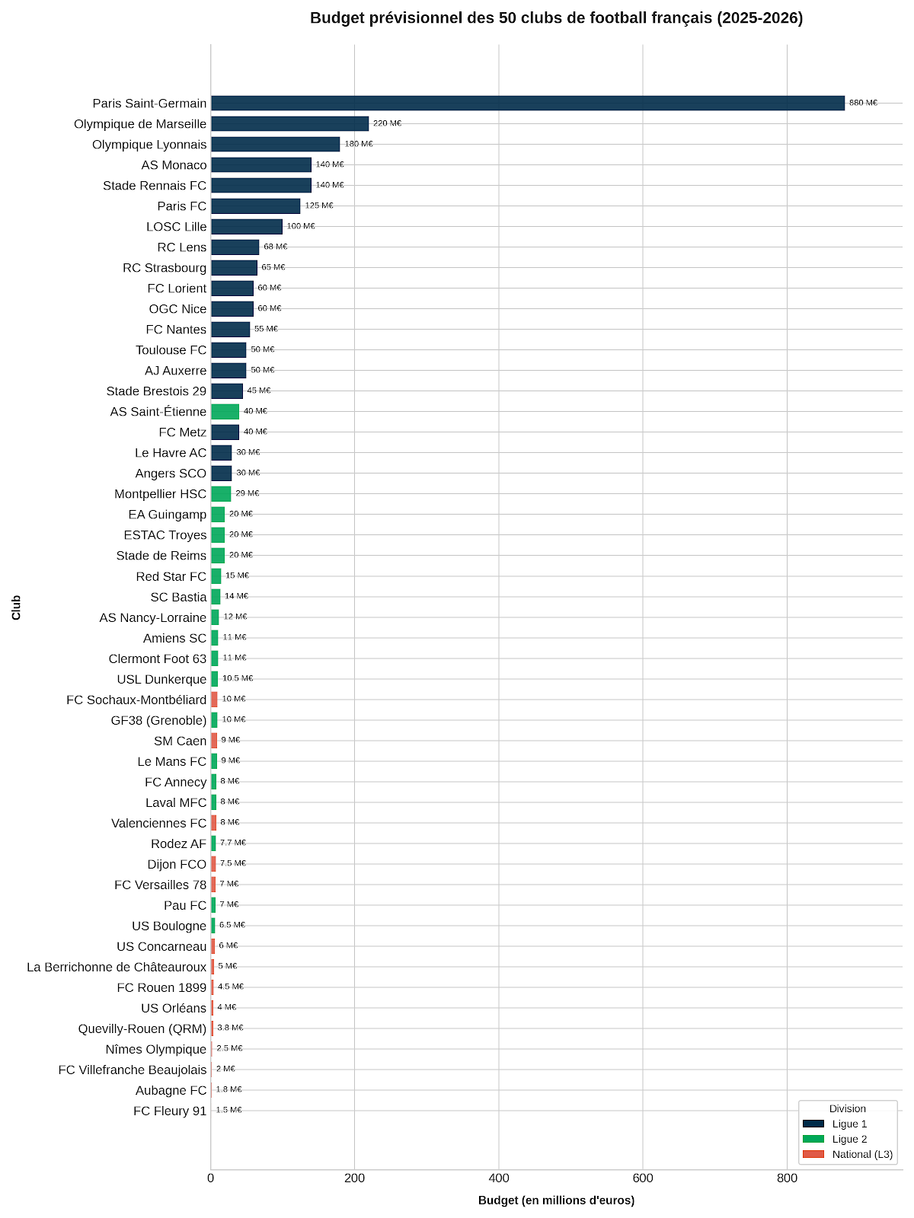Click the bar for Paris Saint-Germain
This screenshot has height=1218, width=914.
click(x=527, y=103)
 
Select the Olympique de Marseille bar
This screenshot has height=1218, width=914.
click(x=289, y=123)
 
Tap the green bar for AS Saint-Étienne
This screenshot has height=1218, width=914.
click(x=225, y=411)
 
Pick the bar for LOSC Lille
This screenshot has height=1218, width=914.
click(x=246, y=226)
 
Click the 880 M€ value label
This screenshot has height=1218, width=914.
click(x=863, y=103)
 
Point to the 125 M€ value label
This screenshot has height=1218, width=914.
click(x=319, y=206)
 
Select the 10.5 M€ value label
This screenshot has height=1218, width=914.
click(x=238, y=678)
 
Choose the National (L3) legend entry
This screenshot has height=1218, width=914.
click(x=848, y=1154)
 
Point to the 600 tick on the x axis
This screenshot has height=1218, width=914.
click(x=643, y=1178)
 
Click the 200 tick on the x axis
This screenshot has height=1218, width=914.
click(x=355, y=1178)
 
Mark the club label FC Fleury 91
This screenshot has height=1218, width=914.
click(x=170, y=1111)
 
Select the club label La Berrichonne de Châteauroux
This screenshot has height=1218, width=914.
click(x=117, y=968)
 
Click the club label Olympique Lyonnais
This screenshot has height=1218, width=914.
click(x=149, y=145)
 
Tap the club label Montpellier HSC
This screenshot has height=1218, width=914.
click(x=161, y=494)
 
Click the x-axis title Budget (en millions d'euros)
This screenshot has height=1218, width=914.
click(x=556, y=1200)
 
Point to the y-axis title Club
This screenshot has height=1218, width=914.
click(x=16, y=607)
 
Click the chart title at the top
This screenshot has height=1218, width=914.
click(x=556, y=18)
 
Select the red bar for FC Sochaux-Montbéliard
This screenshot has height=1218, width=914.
click(x=214, y=699)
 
